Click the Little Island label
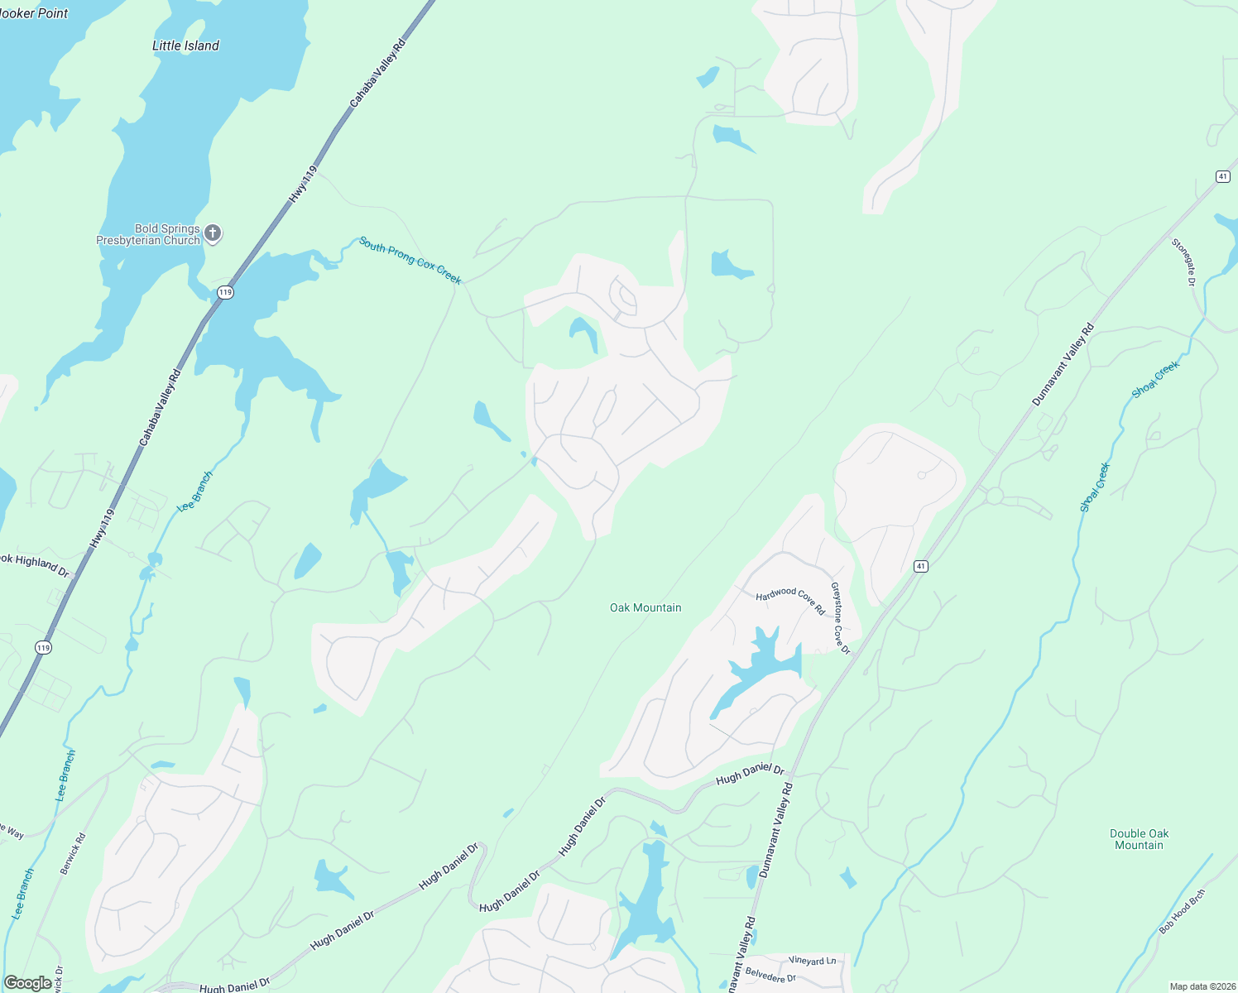click(185, 46)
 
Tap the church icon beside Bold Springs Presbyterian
click(213, 233)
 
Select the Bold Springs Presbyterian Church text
click(148, 235)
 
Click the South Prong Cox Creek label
click(410, 261)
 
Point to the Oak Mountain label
click(645, 607)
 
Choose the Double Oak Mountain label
click(1139, 839)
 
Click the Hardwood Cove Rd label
click(790, 600)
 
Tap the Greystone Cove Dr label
click(841, 618)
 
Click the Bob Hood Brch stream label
click(1182, 911)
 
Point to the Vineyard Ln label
click(812, 961)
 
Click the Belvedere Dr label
click(770, 975)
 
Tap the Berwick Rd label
click(73, 854)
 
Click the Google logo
click(27, 983)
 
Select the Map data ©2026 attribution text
click(1201, 986)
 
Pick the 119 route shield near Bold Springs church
click(225, 292)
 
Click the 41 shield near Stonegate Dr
click(1222, 176)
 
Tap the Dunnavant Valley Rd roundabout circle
click(994, 496)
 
